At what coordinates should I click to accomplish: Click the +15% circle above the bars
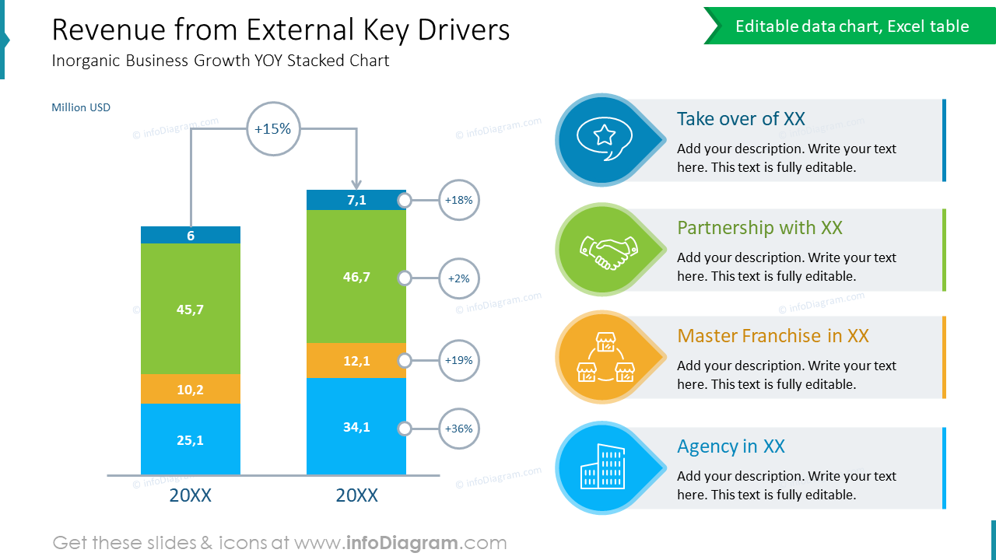click(x=272, y=129)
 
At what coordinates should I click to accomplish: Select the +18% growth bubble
click(x=458, y=200)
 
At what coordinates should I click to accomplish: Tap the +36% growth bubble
click(x=458, y=429)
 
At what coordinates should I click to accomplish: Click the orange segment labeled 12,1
click(x=356, y=361)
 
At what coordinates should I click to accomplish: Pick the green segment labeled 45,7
click(x=191, y=309)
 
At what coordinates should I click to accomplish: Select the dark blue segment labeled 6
click(x=191, y=235)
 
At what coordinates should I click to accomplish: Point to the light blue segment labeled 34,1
click(x=356, y=426)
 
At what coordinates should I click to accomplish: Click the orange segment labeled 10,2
click(x=191, y=390)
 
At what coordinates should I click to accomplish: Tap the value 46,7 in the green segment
click(x=356, y=277)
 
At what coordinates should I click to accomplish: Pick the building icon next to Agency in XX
click(x=603, y=467)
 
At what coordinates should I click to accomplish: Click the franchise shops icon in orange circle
click(x=604, y=357)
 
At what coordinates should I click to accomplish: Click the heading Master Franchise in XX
click(x=773, y=336)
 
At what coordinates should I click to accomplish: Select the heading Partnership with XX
click(x=759, y=228)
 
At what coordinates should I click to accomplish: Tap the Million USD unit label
click(x=81, y=107)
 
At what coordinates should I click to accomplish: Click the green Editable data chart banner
click(x=851, y=26)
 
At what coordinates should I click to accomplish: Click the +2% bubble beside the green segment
click(x=458, y=278)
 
